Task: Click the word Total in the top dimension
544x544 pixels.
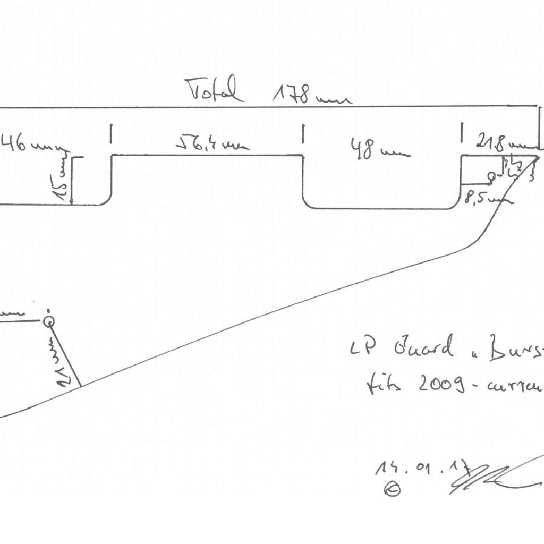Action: (x=215, y=90)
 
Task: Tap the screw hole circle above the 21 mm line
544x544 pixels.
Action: (x=48, y=321)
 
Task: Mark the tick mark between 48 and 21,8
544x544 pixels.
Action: (x=461, y=133)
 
